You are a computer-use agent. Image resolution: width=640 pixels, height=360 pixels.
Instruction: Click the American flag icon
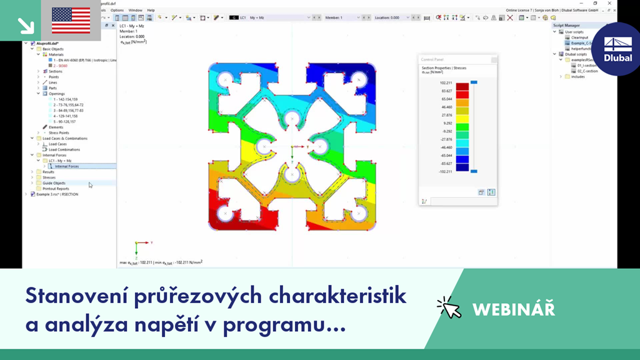coord(71,20)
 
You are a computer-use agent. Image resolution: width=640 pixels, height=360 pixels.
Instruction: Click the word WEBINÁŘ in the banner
coord(514,309)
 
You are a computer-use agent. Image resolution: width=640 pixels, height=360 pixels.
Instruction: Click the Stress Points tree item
coord(59,132)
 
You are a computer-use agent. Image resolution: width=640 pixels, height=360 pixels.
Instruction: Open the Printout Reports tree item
coord(56,188)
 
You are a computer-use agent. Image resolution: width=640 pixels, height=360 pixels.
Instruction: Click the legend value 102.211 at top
coord(446,82)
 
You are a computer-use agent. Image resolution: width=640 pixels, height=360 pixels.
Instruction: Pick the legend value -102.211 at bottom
coord(446,171)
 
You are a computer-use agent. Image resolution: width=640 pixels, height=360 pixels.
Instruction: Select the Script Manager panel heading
coord(566,26)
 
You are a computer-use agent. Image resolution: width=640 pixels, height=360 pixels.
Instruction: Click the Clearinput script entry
coord(579,37)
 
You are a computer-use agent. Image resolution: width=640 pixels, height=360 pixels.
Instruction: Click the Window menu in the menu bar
coord(135,10)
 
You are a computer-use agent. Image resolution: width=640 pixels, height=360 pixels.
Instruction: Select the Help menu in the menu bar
coord(151,10)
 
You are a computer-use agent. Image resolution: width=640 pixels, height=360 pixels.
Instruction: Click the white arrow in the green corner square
coord(26,24)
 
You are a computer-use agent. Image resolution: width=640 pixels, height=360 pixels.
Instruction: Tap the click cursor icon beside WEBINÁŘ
coord(449,307)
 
